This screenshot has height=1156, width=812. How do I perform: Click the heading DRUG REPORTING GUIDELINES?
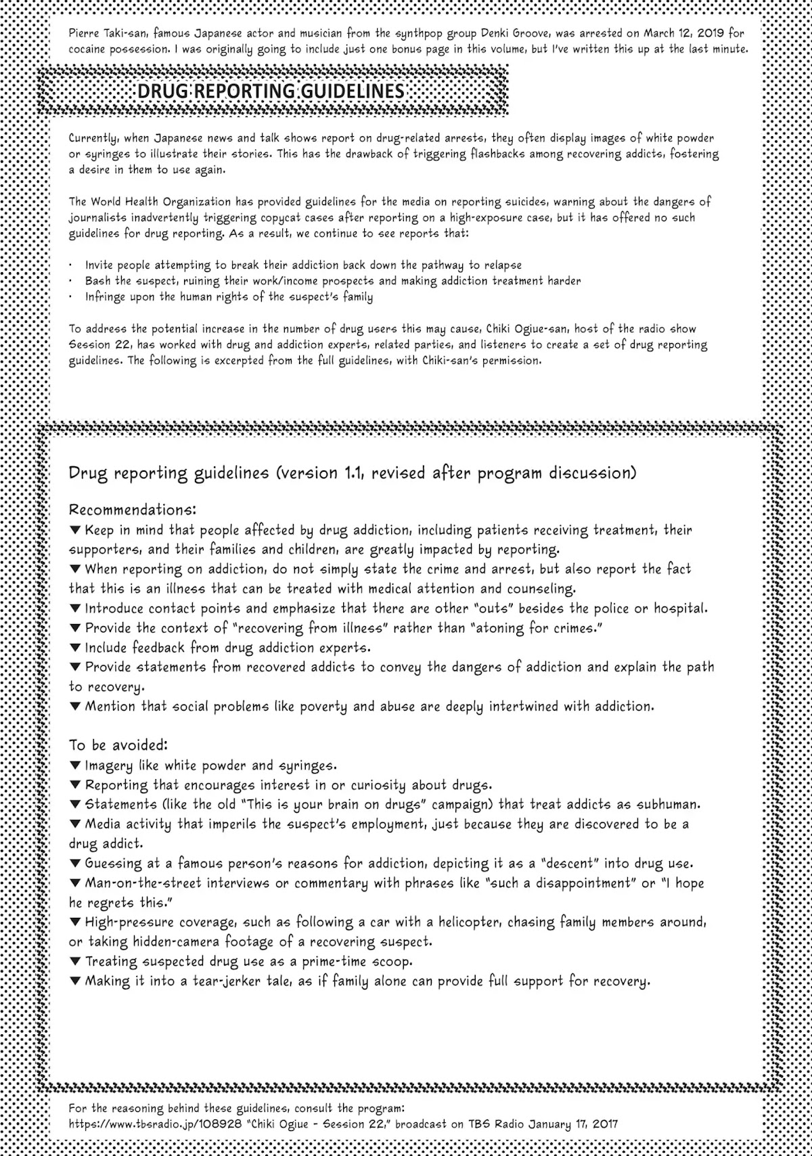(271, 91)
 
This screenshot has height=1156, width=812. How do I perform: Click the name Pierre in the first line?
(83, 32)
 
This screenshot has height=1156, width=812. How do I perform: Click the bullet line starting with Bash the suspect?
(332, 281)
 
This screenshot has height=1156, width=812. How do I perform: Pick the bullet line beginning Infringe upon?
(229, 297)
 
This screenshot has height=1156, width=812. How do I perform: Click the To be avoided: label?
(118, 745)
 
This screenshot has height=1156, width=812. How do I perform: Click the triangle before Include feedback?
(75, 648)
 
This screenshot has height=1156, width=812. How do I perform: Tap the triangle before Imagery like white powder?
(75, 765)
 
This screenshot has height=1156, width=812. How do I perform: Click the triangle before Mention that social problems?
(75, 707)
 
